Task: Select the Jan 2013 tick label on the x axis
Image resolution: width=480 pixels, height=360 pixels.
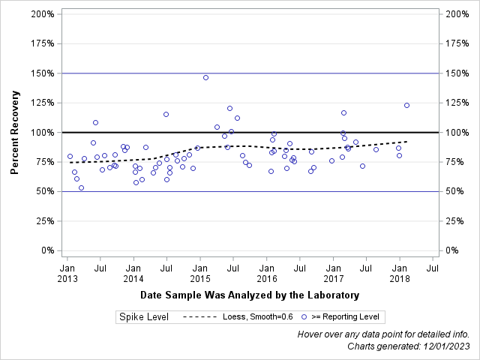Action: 67,273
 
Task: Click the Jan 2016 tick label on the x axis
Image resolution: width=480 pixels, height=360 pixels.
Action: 266,273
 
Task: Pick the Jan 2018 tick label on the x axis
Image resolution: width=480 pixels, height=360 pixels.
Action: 400,273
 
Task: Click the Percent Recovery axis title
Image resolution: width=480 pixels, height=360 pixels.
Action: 15,132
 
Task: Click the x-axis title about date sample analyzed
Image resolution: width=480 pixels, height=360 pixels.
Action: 249,295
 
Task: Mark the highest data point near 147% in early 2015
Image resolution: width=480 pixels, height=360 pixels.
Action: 205,77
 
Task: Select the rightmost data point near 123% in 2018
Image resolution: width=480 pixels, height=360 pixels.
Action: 406,105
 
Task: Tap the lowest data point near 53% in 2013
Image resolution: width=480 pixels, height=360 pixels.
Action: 81,187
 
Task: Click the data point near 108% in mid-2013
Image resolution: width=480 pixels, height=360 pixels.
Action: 95,122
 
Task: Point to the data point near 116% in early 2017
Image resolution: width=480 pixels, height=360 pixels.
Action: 343,112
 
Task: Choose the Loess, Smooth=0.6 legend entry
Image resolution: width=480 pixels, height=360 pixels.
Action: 238,317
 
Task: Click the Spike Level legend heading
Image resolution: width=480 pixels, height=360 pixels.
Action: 144,317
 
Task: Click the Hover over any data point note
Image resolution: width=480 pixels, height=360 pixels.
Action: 383,334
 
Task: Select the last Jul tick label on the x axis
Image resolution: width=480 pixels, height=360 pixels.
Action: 433,267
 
